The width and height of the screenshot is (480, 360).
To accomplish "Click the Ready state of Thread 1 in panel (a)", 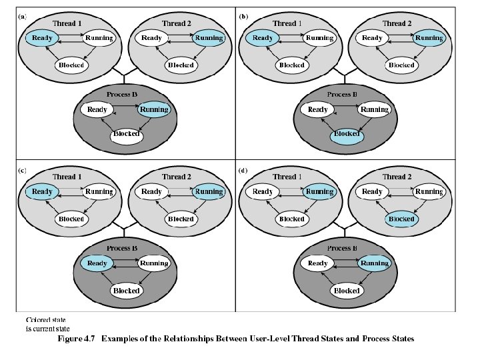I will click(41, 38).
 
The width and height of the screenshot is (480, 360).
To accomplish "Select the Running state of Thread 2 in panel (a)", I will click(208, 38).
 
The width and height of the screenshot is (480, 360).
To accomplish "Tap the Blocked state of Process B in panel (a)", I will click(126, 134).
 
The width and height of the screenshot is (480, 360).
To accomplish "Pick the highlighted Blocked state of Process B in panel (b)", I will click(347, 134).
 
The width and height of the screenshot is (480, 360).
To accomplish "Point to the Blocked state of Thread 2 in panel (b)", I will click(401, 65).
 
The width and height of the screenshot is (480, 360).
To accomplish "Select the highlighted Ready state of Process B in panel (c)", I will click(97, 263).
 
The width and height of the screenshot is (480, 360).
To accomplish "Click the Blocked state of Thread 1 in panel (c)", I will click(71, 219).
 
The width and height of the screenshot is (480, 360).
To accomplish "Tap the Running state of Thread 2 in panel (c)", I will click(208, 192).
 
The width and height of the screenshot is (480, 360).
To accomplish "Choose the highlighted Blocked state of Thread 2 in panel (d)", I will click(401, 219).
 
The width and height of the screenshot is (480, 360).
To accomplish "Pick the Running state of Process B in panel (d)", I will click(375, 263).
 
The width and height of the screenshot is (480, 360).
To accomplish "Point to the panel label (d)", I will click(243, 171).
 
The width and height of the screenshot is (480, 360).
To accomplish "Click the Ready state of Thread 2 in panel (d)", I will click(372, 192).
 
